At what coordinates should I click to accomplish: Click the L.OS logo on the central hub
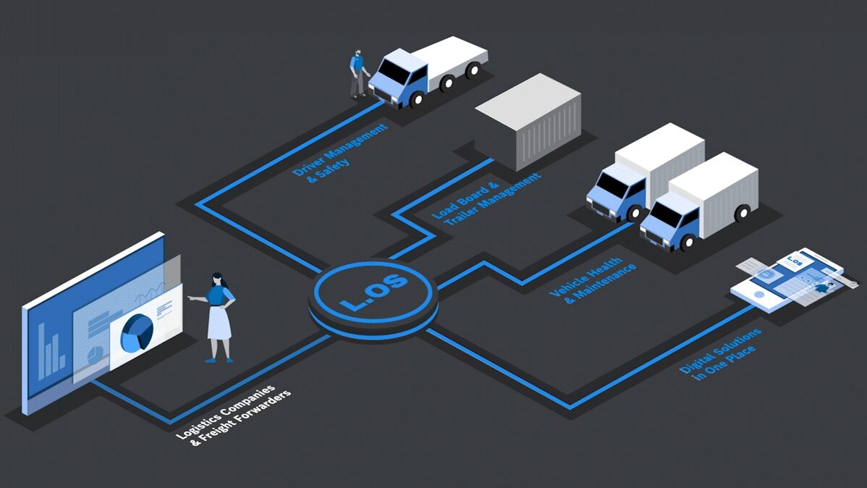pos(373,291)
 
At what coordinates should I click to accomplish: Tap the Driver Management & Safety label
pos(339,151)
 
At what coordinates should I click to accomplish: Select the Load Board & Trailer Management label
pos(486,198)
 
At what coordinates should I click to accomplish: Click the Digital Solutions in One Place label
pos(720,354)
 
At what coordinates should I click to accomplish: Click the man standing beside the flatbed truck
pos(358,74)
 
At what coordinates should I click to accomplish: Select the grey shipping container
pos(529,121)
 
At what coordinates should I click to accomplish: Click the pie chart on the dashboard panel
pos(137,332)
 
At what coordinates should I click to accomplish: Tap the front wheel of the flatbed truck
pos(416,100)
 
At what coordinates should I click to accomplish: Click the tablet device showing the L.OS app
pos(787,279)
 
